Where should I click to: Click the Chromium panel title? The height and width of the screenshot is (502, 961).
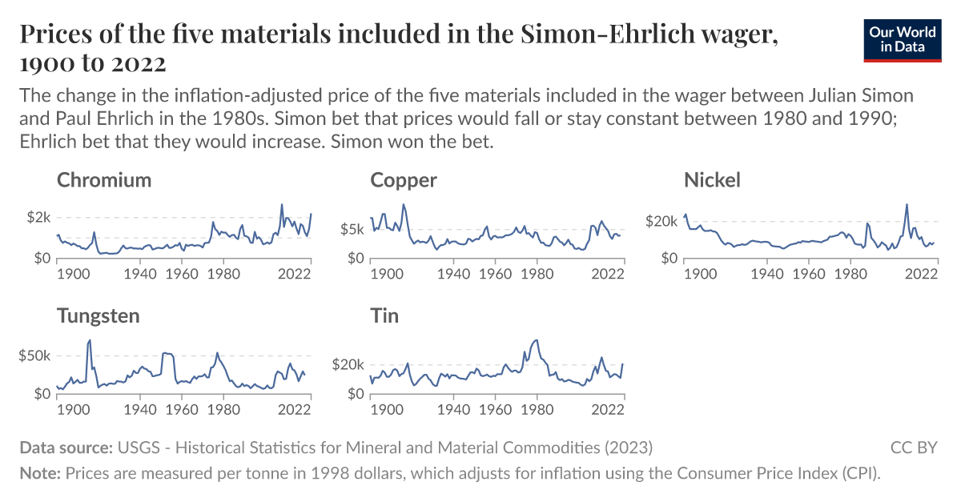pyautogui.click(x=104, y=180)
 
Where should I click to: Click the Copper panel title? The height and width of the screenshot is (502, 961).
pyautogui.click(x=404, y=180)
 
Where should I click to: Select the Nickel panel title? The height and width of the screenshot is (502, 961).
pyautogui.click(x=712, y=180)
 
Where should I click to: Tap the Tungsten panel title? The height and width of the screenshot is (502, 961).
pyautogui.click(x=99, y=315)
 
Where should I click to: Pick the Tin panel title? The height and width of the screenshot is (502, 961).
pyautogui.click(x=384, y=315)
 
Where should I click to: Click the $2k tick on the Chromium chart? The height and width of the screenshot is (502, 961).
pyautogui.click(x=39, y=218)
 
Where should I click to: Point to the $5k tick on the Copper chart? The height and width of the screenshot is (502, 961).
pyautogui.click(x=352, y=230)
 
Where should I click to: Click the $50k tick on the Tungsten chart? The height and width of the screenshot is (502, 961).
pyautogui.click(x=35, y=355)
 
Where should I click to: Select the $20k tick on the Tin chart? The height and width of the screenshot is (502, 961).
pyautogui.click(x=348, y=364)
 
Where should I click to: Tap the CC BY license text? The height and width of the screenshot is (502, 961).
pyautogui.click(x=913, y=447)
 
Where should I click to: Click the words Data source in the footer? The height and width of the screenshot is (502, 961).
pyautogui.click(x=66, y=447)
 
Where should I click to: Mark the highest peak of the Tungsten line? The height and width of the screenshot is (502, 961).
pyautogui.click(x=90, y=339)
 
